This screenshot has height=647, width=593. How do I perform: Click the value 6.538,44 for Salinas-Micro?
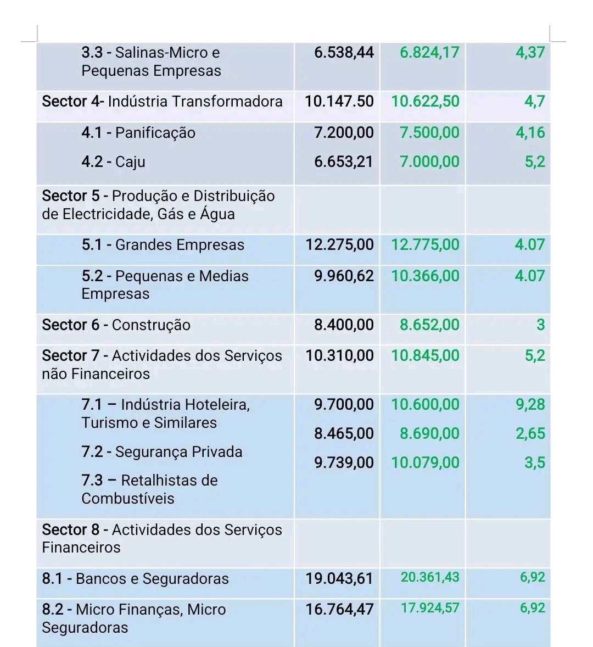tap(344, 53)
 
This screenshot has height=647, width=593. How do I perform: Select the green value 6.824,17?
tap(429, 53)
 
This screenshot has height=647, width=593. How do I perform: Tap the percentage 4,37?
tap(530, 53)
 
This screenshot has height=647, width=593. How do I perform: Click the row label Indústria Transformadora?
tap(195, 102)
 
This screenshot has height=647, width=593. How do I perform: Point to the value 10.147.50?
tap(339, 102)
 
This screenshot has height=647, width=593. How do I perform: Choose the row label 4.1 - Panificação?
tap(138, 133)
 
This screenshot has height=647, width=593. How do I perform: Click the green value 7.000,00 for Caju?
tap(429, 162)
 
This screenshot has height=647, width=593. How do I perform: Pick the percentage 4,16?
tap(530, 133)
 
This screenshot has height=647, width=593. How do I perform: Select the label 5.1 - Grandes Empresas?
tap(163, 245)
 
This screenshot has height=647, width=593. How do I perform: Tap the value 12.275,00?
tap(339, 245)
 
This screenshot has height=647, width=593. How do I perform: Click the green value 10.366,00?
tap(425, 276)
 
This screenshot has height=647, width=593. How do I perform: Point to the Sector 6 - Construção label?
tap(116, 325)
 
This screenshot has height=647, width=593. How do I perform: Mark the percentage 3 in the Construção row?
tap(540, 325)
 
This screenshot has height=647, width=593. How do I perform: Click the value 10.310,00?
tap(339, 356)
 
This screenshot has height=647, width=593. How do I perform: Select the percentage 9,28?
tap(530, 405)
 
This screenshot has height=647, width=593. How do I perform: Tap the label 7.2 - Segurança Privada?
tap(162, 452)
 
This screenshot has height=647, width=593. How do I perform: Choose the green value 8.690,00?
tap(429, 434)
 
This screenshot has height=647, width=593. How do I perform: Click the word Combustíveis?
tap(128, 499)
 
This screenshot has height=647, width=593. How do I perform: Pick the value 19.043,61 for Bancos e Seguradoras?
tap(339, 579)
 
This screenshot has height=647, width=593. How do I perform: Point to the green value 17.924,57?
tap(430, 609)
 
